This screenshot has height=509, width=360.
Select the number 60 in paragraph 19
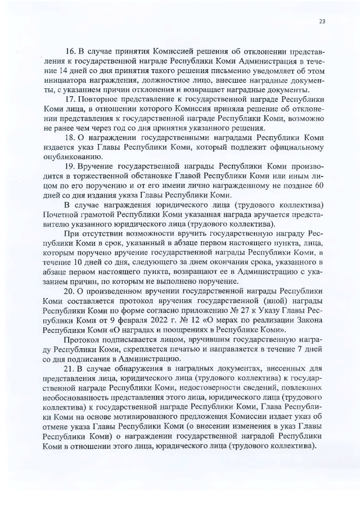click(x=318, y=185)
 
